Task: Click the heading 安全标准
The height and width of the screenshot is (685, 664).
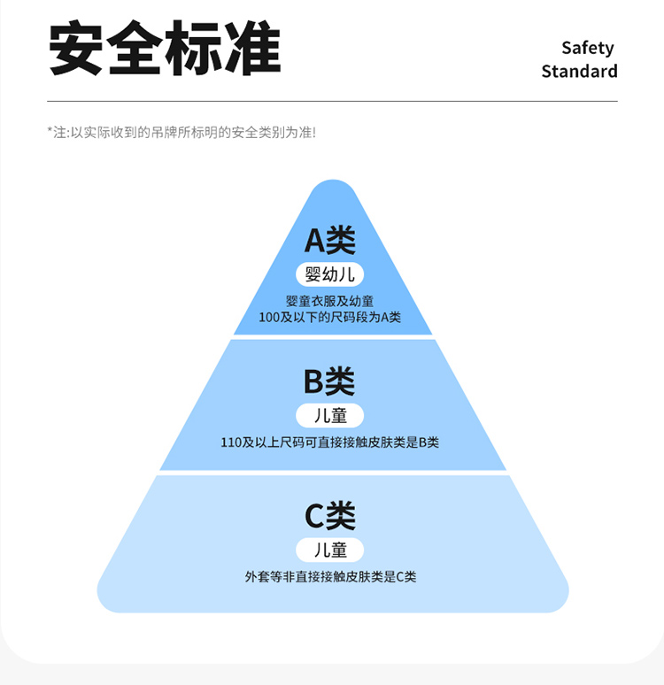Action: coord(165,49)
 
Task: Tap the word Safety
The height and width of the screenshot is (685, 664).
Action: coord(587,48)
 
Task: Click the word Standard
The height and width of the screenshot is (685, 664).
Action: coord(579,72)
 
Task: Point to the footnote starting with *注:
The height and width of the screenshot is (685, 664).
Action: coord(181,132)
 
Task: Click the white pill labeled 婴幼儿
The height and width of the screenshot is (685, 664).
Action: coord(329,273)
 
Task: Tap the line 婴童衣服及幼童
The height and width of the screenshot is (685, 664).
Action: coord(329,301)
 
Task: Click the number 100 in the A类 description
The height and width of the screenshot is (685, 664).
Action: coord(269,317)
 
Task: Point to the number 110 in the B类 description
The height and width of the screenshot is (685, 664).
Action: coord(231,442)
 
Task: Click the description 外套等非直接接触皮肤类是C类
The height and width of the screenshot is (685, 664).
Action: coord(330,577)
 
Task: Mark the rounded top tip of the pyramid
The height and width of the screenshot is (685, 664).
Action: coord(332,186)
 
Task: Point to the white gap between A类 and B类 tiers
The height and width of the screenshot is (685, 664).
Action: coord(332,337)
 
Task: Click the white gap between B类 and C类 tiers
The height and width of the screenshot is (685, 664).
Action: coord(332,473)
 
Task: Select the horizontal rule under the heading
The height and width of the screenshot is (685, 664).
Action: coord(332,101)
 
